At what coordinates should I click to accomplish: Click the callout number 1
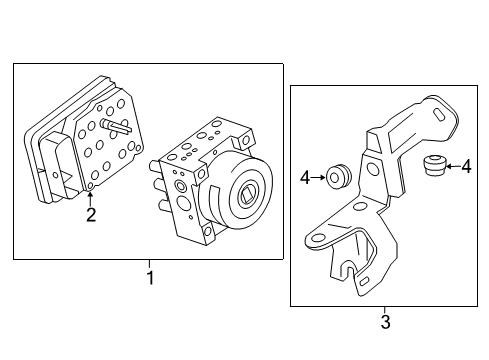(x=151, y=278)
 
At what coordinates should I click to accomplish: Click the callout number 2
(x=90, y=214)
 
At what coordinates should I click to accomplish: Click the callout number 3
(x=385, y=322)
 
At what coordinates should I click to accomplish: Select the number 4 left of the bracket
(x=305, y=178)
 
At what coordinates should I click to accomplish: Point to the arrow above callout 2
(x=90, y=196)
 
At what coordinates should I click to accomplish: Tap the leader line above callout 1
(x=151, y=264)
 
